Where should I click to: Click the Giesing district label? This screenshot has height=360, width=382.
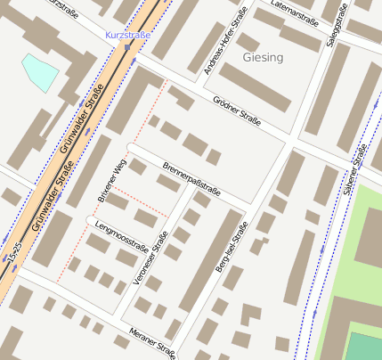[x=262, y=57]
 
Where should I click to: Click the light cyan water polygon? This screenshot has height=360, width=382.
[x=39, y=70]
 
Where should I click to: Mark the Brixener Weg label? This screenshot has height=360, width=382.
[x=110, y=179]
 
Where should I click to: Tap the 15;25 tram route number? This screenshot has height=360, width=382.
[x=13, y=254]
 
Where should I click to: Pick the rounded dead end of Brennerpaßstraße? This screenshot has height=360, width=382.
[x=130, y=146]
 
